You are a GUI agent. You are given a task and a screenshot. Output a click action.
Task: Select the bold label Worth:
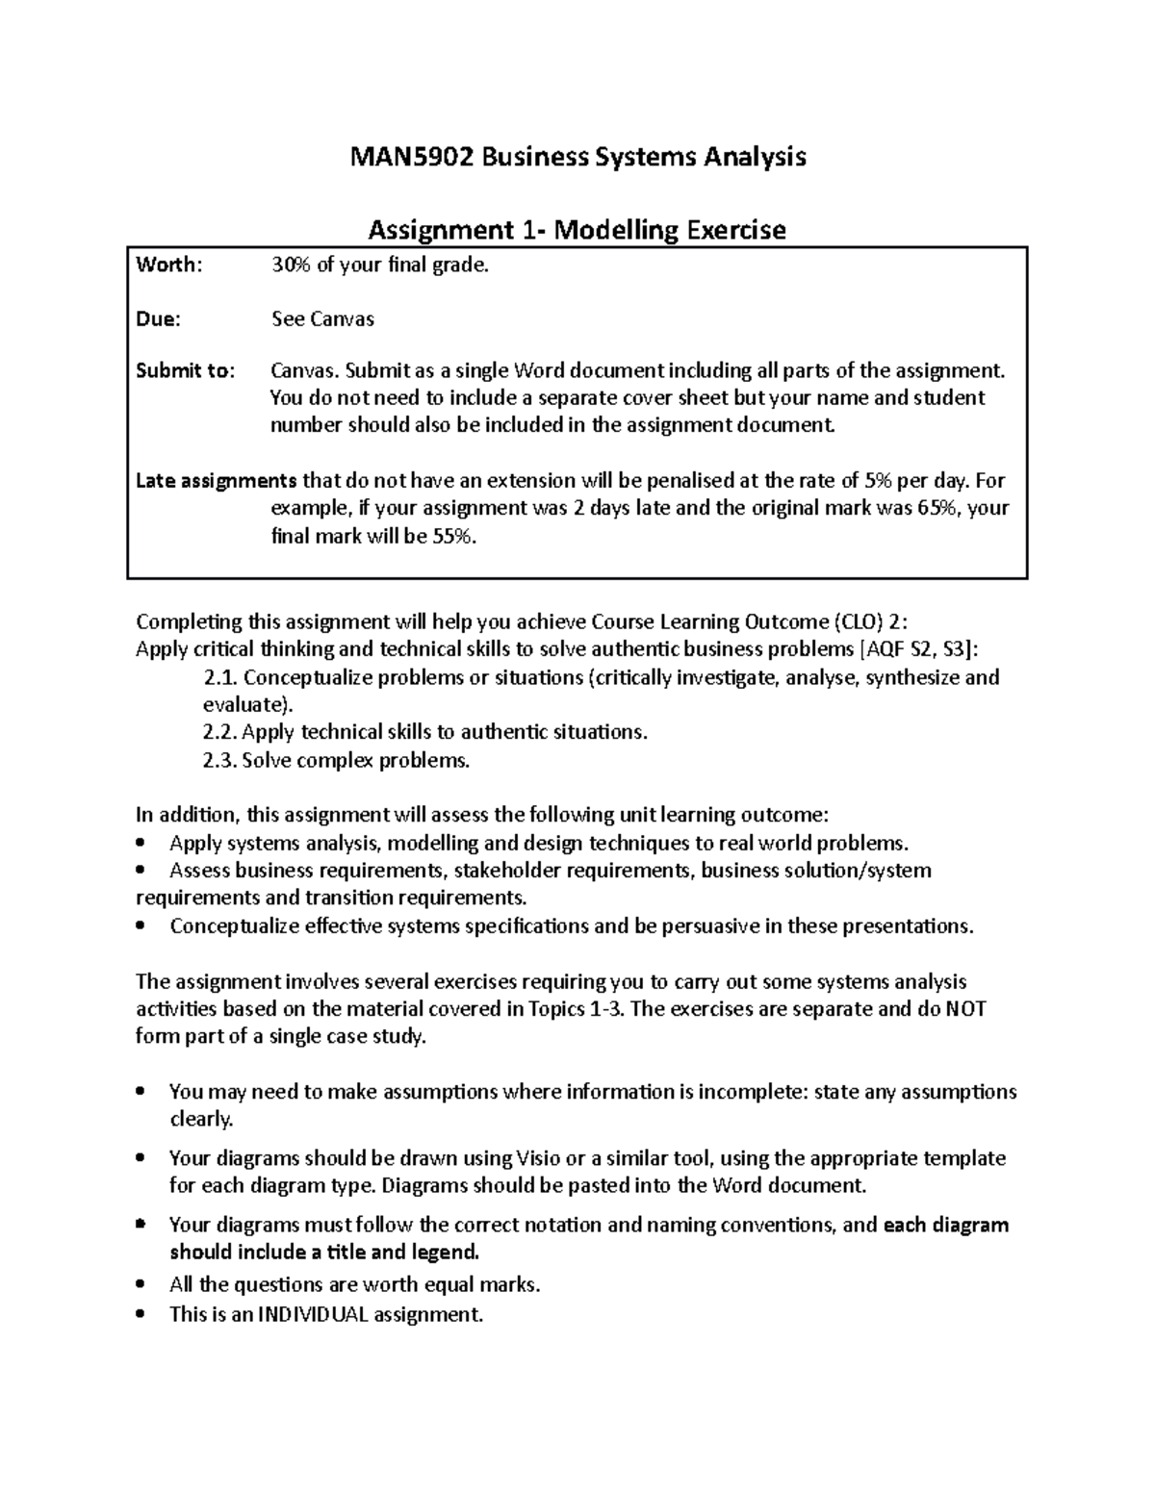[x=169, y=266]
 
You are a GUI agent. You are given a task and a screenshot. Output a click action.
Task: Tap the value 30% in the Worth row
[x=291, y=266]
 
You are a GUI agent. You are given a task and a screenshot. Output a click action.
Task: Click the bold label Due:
[x=158, y=319]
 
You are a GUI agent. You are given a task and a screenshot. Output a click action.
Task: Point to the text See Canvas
[x=322, y=319]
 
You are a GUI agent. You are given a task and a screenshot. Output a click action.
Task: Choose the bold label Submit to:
[x=185, y=371]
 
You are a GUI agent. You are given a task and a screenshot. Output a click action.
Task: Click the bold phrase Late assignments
[x=216, y=481]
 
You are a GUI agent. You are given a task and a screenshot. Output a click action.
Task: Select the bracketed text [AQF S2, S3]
[x=914, y=649]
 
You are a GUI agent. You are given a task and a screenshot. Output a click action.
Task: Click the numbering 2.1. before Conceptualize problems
[x=220, y=677]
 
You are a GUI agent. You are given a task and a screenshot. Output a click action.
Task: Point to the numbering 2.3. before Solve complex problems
[x=220, y=761]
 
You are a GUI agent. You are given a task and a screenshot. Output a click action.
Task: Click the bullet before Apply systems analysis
[x=142, y=844]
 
